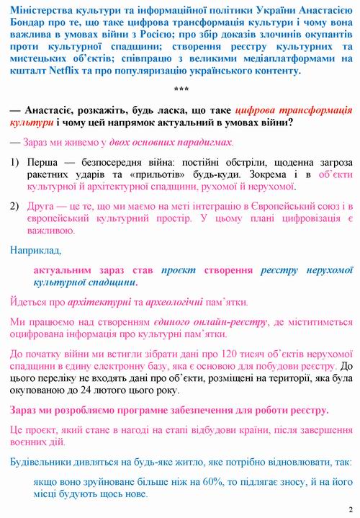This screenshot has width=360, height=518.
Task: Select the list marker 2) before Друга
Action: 15,205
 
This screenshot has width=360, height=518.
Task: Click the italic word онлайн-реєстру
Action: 214,322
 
